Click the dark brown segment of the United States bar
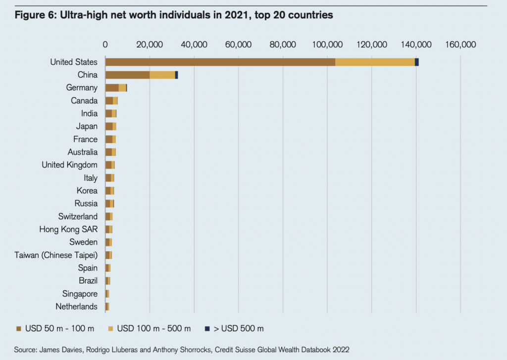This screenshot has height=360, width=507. click(220, 62)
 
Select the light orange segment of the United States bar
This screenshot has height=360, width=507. click(375, 62)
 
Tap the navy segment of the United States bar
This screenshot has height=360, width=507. click(417, 62)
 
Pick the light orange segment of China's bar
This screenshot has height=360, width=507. click(162, 75)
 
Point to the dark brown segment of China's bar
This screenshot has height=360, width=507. click(127, 75)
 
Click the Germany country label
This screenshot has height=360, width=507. click(82, 88)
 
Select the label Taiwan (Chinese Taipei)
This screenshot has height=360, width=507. click(56, 255)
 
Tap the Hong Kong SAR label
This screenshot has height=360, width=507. click(68, 229)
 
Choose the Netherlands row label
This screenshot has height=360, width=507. click(77, 307)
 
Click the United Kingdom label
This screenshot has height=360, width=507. click(69, 165)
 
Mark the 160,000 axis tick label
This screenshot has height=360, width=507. click(460, 45)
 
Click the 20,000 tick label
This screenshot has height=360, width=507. click(150, 45)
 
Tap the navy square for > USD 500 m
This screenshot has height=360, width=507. click(208, 328)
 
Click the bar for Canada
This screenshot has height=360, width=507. click(111, 101)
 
